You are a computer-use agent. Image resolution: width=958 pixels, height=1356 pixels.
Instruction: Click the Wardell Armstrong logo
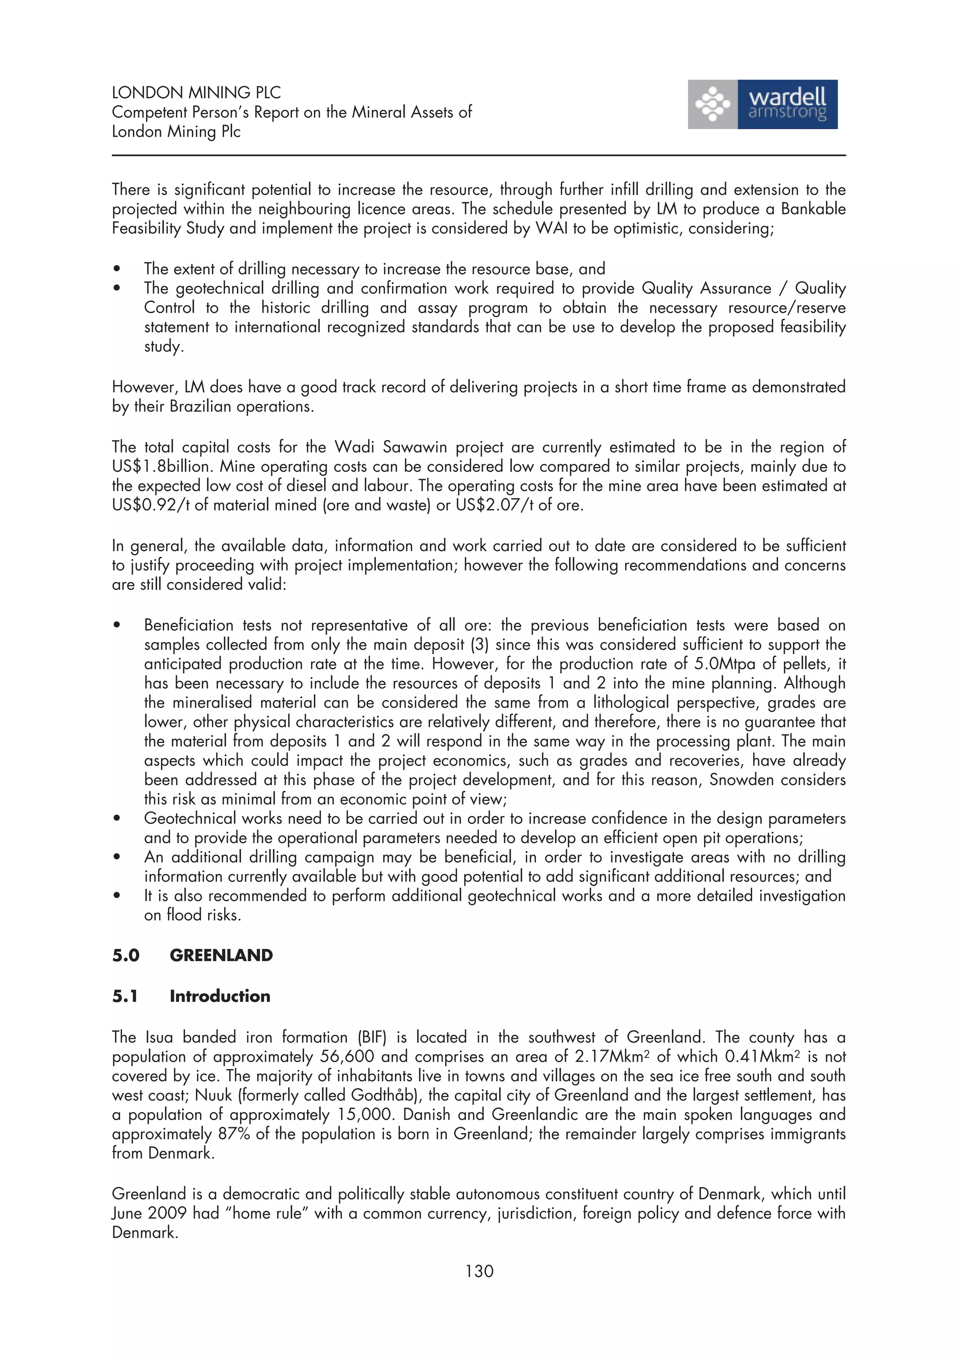click(762, 104)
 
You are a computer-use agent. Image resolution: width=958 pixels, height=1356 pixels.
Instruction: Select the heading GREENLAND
click(221, 955)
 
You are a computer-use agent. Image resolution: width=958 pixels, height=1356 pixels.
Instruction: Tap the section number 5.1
click(125, 996)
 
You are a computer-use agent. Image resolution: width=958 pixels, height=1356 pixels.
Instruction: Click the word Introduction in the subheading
click(219, 996)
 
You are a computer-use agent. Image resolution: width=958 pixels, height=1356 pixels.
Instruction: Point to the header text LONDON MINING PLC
click(196, 93)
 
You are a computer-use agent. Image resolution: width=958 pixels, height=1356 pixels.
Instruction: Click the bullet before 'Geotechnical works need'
click(117, 818)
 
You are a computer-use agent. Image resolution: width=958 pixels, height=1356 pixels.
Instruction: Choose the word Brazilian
click(200, 406)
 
